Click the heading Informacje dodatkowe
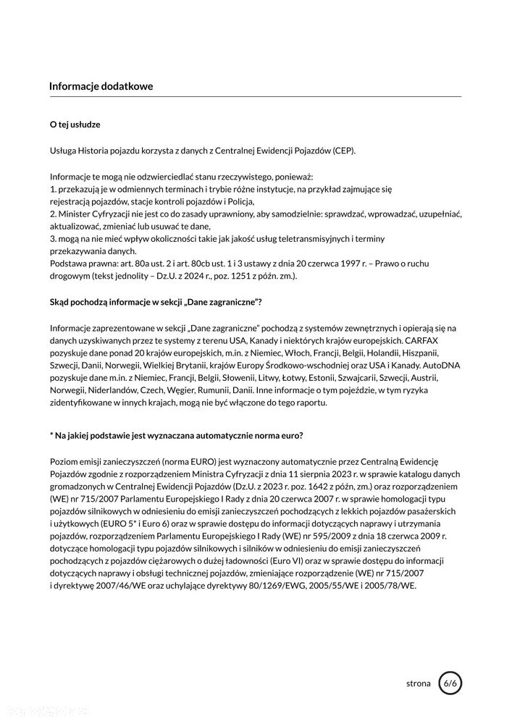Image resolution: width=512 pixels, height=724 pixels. pyautogui.click(x=101, y=86)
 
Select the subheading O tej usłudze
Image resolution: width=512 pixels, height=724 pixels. pyautogui.click(x=75, y=125)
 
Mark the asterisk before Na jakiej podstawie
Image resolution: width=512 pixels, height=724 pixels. pyautogui.click(x=51, y=435)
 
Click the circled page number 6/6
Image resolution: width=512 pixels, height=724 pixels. pyautogui.click(x=449, y=683)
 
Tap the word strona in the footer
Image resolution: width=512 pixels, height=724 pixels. pyautogui.click(x=418, y=683)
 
